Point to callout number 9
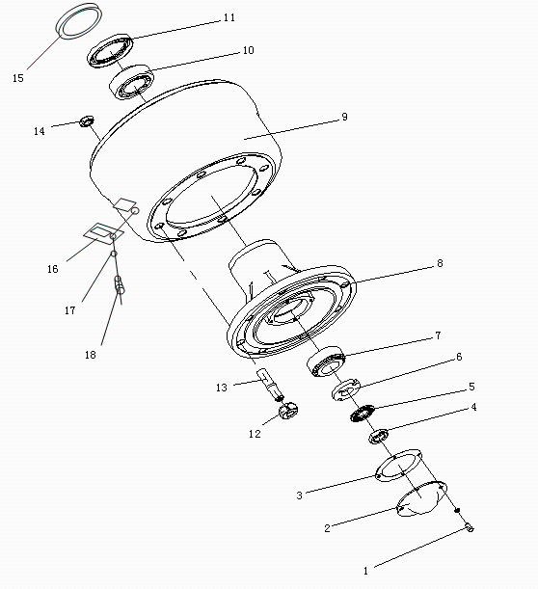point(344,117)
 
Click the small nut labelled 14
point(87,120)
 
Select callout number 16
point(52,269)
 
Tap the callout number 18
point(91,355)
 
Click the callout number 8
point(440,261)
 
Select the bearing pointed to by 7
point(326,364)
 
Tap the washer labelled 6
point(346,391)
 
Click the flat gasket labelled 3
point(395,467)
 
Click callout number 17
point(70,311)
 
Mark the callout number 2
point(327,528)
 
